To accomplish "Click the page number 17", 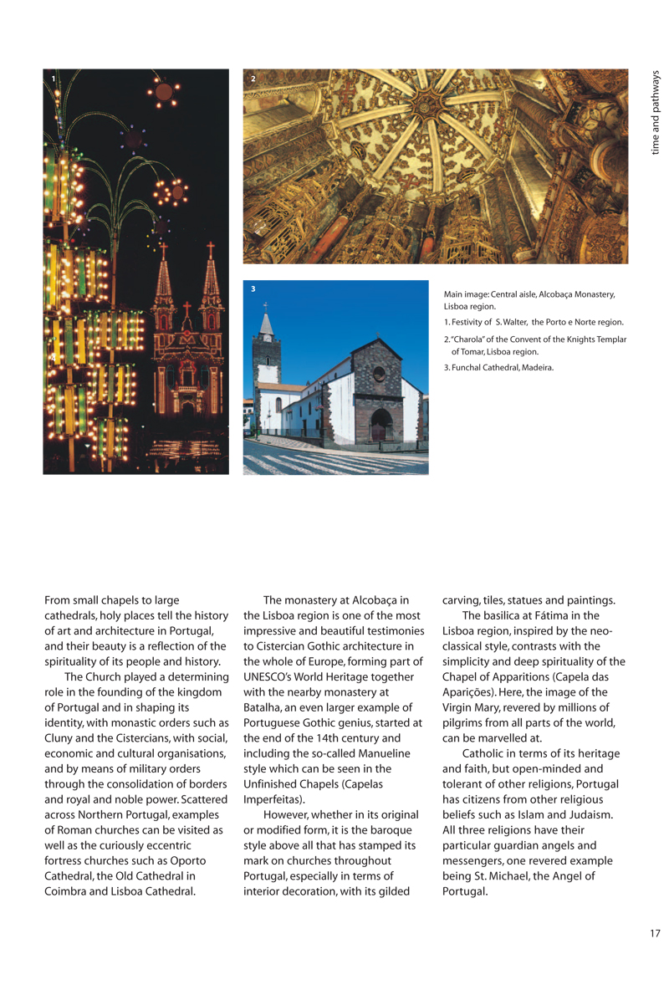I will [x=654, y=933].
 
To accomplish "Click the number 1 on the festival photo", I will [x=54, y=79].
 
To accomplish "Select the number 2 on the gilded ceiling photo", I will [x=253, y=79].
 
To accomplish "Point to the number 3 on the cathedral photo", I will [x=253, y=289].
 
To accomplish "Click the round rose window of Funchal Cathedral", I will [x=379, y=373].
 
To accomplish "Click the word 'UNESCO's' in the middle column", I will [x=270, y=676].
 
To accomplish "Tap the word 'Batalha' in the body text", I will [x=261, y=707].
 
